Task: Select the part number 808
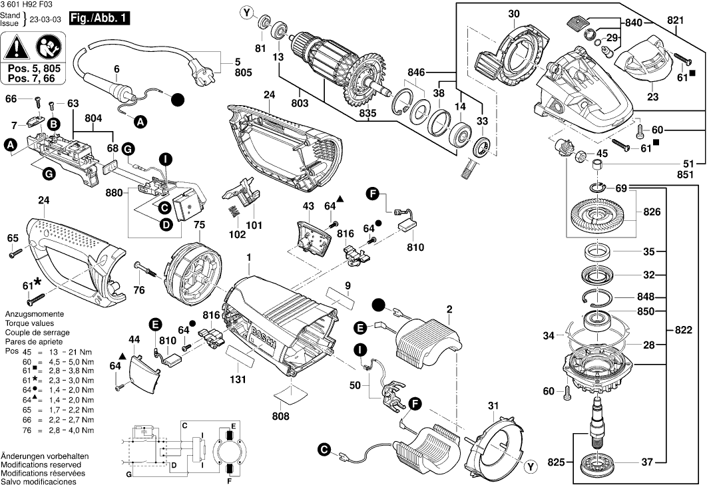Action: pyautogui.click(x=281, y=416)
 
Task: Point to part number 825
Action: pyautogui.click(x=557, y=461)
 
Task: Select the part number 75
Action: pyautogui.click(x=199, y=226)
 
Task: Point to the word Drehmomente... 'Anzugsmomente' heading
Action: pyautogui.click(x=34, y=313)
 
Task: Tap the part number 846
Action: pyautogui.click(x=416, y=71)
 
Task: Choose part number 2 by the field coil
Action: pyautogui.click(x=449, y=309)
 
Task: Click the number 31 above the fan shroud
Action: pyautogui.click(x=492, y=406)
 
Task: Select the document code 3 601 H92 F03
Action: pyautogui.click(x=29, y=5)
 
